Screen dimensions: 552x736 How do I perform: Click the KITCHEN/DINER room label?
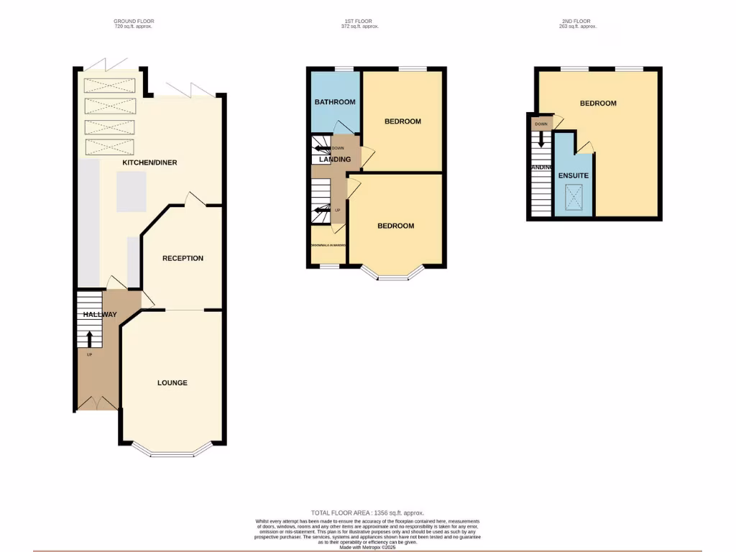[x=149, y=162]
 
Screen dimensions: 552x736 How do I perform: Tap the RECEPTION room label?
[x=183, y=258]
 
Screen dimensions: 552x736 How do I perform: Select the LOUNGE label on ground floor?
[x=172, y=382]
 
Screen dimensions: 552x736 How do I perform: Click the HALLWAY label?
[x=99, y=315]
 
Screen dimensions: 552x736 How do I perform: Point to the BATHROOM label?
[x=335, y=102]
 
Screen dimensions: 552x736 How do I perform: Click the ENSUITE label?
[x=574, y=175]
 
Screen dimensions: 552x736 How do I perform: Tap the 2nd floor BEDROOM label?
[x=598, y=103]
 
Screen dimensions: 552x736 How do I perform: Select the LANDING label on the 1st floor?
[x=335, y=160]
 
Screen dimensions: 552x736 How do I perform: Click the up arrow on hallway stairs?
[x=89, y=338]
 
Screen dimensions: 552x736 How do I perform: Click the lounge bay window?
[x=173, y=453]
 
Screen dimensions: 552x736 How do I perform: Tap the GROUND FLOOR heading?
[x=134, y=22]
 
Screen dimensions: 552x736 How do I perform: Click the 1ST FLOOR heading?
[x=359, y=22]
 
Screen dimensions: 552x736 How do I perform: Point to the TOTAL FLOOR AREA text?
[x=367, y=512]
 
